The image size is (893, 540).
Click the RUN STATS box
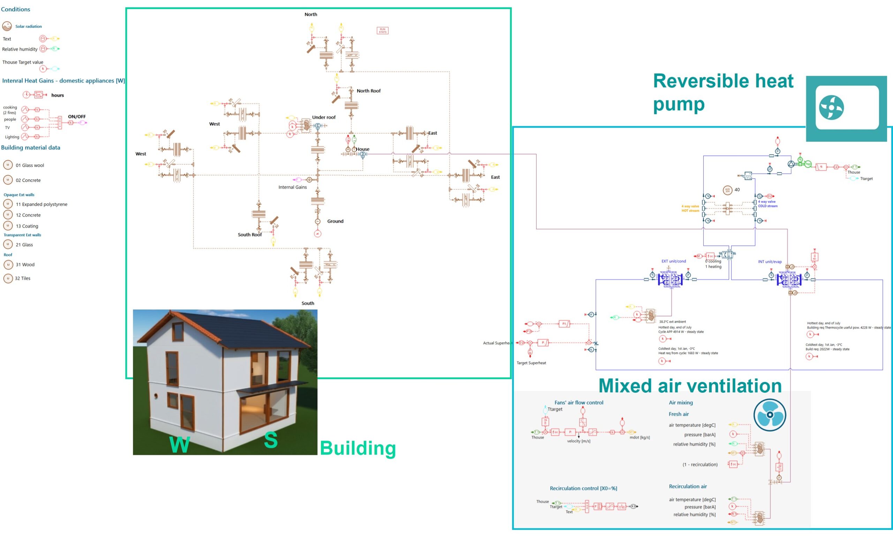point(382,31)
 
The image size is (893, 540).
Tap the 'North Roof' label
point(369,91)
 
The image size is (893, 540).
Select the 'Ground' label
point(335,221)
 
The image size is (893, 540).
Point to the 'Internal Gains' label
point(292,187)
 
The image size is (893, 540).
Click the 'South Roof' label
point(250,235)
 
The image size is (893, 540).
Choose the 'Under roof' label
point(324,118)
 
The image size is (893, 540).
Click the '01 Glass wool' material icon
point(8,165)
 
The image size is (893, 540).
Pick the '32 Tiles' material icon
point(8,278)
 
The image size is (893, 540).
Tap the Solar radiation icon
point(7,26)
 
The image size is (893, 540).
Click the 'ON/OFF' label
point(77,117)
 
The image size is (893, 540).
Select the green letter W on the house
point(179,444)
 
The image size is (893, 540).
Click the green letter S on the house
point(271,440)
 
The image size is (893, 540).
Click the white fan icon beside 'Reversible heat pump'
point(831,107)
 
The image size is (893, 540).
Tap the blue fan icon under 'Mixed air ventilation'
point(770,415)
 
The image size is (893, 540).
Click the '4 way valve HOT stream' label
point(690,208)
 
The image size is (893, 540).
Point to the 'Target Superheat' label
point(531,363)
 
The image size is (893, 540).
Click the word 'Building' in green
point(358,448)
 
